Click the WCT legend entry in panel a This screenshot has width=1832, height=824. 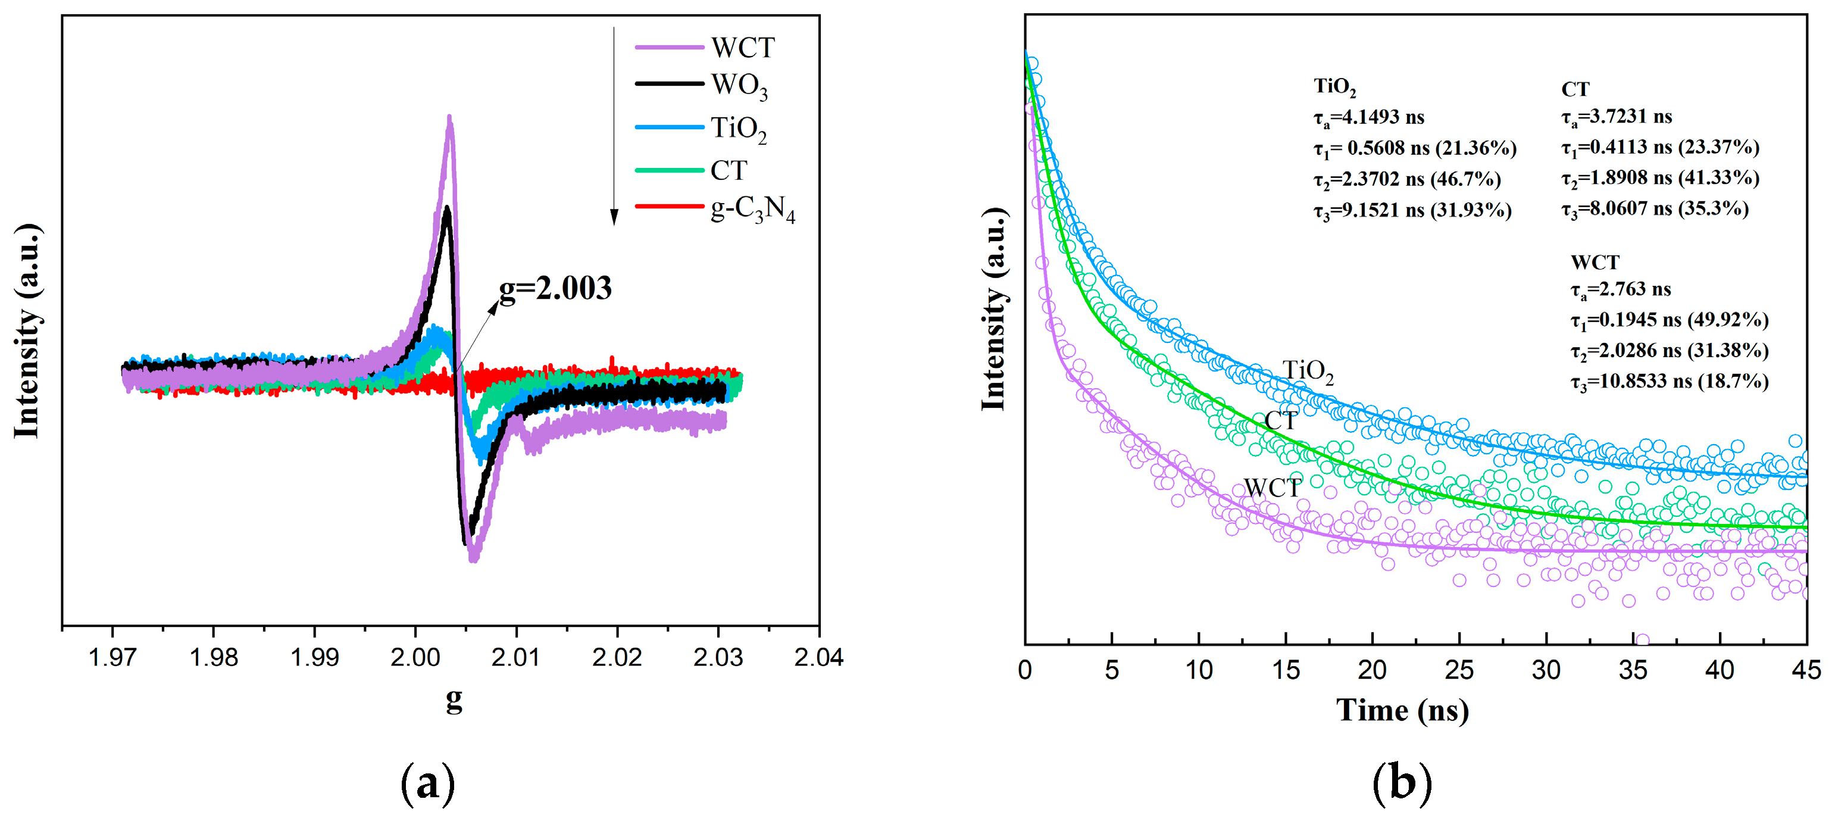(742, 48)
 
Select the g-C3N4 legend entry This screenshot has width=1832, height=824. (752, 209)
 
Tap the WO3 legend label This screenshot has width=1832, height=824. (739, 86)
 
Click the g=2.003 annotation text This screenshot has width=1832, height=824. (555, 288)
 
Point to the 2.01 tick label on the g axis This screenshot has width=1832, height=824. (515, 657)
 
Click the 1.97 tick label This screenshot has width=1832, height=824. (112, 657)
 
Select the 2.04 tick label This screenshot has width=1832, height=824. (818, 657)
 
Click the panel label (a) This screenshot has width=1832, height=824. (427, 784)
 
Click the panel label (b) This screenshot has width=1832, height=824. (1401, 784)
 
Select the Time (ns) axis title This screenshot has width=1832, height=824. (1402, 710)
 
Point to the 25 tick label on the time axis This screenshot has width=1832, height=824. (1459, 670)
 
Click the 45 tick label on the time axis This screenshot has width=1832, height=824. (1806, 670)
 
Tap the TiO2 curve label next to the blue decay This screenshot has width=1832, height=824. (1307, 372)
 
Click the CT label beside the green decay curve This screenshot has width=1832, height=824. (1281, 420)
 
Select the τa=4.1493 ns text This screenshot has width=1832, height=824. (1368, 117)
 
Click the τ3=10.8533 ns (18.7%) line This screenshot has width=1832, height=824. (1669, 382)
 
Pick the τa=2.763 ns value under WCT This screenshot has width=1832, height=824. (1621, 289)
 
